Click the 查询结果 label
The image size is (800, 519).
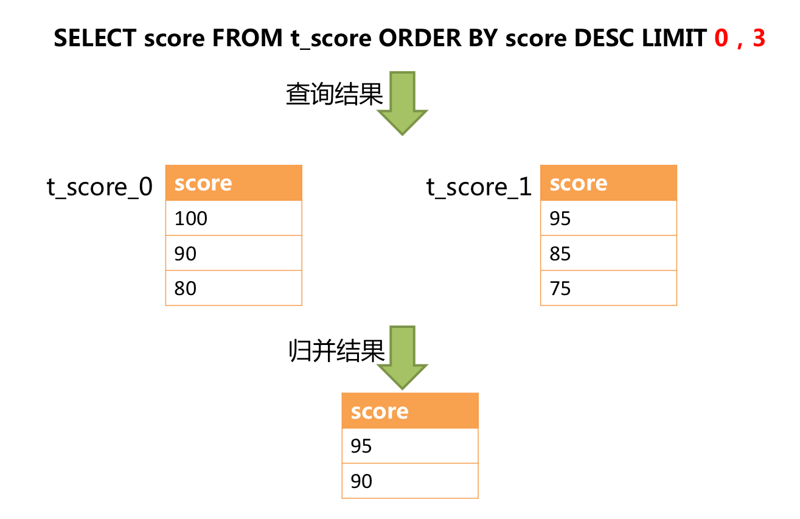334,95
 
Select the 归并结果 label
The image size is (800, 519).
336,351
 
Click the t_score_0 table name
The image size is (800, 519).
100,187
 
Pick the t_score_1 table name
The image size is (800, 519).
479,187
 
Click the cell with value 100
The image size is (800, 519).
234,218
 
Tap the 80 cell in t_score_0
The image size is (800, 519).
234,288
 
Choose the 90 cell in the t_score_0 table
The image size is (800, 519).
234,253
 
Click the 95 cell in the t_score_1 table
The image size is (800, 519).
608,218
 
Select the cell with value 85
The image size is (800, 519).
608,253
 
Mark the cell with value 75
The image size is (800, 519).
608,288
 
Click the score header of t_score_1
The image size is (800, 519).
608,183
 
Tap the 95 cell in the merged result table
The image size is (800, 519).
410,447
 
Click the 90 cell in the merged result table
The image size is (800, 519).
410,481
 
